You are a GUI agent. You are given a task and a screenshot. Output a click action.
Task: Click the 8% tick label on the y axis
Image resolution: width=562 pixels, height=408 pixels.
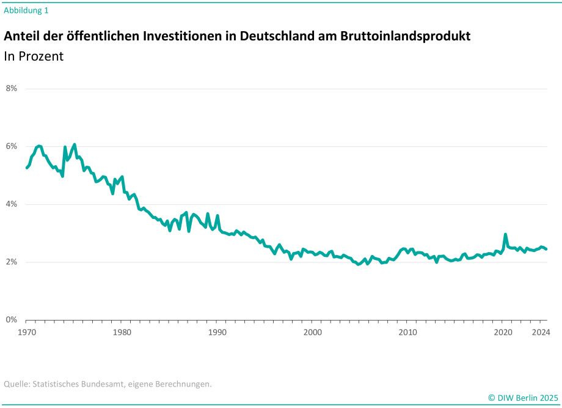click(x=12, y=88)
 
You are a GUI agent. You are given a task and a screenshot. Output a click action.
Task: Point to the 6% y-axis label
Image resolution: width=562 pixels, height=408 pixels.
click(x=12, y=146)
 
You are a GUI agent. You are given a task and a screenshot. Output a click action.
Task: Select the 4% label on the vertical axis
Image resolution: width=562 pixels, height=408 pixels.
click(x=12, y=204)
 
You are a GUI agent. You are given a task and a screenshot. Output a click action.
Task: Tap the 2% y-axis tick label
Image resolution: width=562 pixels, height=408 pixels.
click(x=12, y=262)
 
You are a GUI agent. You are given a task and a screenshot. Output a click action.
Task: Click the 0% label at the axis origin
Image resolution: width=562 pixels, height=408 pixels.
click(x=12, y=320)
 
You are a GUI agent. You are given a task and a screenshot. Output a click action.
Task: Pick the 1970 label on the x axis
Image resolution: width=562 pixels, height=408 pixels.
click(x=27, y=332)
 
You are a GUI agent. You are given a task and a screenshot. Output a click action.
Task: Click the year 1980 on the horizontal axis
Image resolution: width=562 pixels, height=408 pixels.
click(x=122, y=332)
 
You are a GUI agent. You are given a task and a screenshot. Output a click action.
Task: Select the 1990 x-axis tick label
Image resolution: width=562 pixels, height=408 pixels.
click(x=217, y=332)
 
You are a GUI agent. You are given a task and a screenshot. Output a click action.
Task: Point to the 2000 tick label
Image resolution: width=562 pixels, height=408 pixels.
click(x=313, y=332)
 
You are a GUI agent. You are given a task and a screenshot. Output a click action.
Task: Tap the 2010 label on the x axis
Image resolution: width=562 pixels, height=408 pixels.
click(x=408, y=332)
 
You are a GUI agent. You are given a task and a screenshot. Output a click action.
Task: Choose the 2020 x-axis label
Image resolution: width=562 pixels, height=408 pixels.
click(x=503, y=332)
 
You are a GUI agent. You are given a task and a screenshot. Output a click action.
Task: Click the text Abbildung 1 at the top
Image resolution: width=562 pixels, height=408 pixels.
click(x=26, y=10)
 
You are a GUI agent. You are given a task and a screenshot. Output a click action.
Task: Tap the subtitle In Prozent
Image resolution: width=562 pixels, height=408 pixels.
click(x=34, y=56)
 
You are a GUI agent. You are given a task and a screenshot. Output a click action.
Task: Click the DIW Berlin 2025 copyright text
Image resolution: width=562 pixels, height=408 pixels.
click(x=523, y=398)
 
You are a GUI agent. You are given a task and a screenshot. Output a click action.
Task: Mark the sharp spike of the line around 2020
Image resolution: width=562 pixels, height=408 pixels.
click(x=505, y=234)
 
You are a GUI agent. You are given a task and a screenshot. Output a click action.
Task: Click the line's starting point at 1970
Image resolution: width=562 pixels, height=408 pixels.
click(x=27, y=168)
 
